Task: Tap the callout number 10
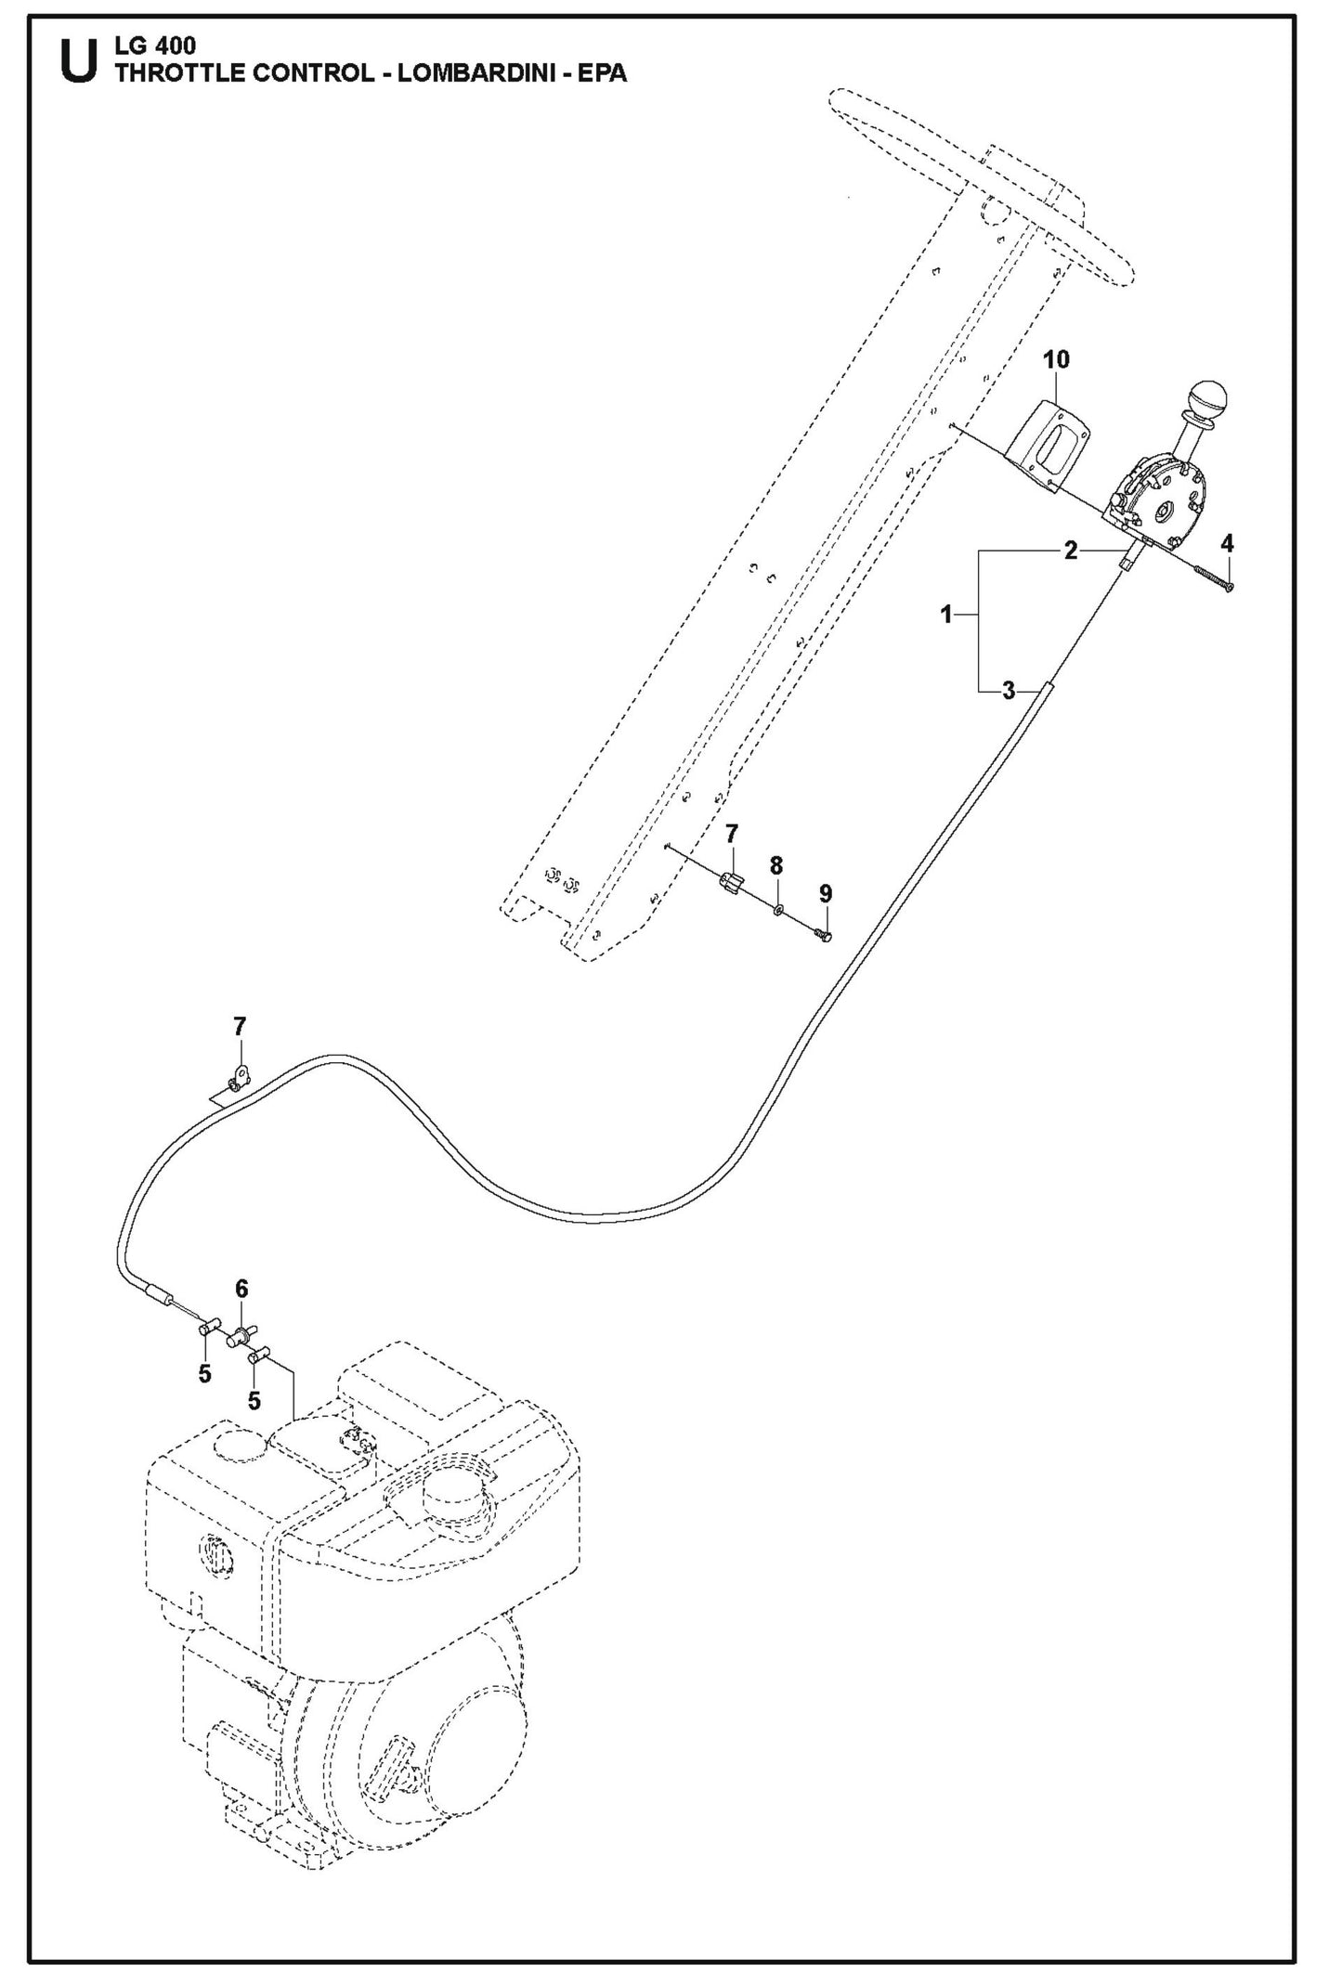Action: [1056, 359]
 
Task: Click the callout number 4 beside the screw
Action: [1227, 542]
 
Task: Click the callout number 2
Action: [1071, 551]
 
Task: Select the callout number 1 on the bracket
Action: [946, 615]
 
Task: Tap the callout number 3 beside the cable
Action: [1010, 691]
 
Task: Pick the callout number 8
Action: [776, 865]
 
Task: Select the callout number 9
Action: [826, 893]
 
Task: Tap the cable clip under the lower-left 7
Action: [239, 1079]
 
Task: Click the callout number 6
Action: [241, 1289]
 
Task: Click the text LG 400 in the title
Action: [154, 46]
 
